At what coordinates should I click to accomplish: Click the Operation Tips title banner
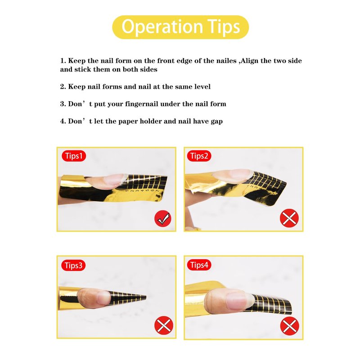point(180,27)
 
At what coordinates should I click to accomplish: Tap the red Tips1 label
point(74,156)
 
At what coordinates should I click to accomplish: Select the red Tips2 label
point(199,156)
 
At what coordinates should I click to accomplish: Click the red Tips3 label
point(73,265)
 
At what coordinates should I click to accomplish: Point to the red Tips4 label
point(199,265)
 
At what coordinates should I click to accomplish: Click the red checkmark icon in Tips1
point(163,219)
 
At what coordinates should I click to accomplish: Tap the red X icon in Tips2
point(289,218)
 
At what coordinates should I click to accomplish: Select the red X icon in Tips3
point(164,325)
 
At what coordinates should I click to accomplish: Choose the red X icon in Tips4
point(290,326)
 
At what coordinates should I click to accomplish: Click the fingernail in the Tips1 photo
point(112,180)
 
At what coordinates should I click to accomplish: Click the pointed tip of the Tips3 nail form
point(145,297)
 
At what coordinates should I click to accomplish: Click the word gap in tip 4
point(216,121)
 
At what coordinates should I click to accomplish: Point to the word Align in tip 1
point(249,61)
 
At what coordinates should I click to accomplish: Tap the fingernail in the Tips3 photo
point(104,297)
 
